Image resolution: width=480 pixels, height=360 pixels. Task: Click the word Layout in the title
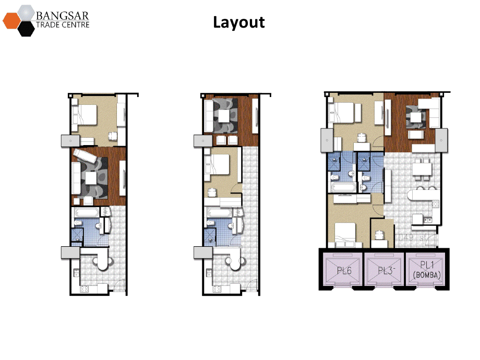239,22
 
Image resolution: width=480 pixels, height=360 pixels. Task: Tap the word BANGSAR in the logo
62,13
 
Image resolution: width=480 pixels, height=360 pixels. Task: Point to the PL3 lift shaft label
385,270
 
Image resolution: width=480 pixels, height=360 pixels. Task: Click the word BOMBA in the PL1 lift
426,275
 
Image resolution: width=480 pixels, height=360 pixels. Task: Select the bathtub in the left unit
86,213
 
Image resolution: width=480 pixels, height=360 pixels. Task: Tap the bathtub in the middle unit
217,213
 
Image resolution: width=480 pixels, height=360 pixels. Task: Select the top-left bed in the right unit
345,113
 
